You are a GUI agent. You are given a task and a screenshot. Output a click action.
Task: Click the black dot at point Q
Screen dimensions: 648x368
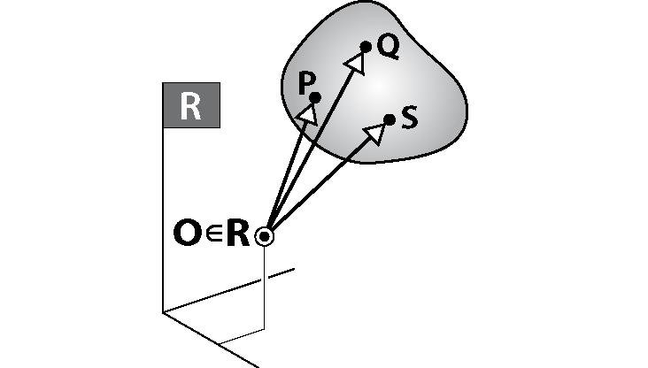click(366, 47)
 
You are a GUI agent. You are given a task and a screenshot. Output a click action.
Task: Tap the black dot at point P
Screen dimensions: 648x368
click(315, 98)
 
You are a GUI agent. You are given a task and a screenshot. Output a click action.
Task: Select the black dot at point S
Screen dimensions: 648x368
click(390, 119)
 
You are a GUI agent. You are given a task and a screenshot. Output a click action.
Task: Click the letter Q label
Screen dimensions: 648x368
click(389, 47)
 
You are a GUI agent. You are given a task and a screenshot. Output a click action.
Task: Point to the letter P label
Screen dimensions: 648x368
click(305, 82)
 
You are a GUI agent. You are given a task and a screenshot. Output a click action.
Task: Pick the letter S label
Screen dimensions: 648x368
click(410, 118)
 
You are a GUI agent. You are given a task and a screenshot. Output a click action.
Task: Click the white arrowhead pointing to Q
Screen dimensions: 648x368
click(356, 63)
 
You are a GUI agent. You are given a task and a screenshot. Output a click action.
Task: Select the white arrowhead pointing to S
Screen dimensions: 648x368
click(375, 133)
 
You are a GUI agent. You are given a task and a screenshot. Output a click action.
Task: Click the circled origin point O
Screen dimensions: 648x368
click(265, 237)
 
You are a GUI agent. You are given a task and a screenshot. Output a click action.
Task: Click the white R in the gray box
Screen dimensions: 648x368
click(190, 106)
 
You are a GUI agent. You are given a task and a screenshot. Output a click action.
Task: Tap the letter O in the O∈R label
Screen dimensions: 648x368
click(186, 233)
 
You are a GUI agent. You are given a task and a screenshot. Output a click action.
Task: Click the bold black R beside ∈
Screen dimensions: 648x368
click(238, 234)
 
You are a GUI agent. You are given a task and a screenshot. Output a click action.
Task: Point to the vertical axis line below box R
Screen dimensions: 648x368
click(163, 220)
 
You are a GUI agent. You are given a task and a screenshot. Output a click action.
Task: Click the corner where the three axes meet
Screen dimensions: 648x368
click(163, 312)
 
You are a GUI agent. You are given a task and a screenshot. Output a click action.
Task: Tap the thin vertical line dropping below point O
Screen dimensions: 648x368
click(265, 287)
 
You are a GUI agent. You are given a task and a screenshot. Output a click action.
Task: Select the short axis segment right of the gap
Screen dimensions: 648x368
click(282, 273)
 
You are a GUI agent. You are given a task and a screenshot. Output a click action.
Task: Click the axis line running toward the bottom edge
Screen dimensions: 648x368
click(212, 340)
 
